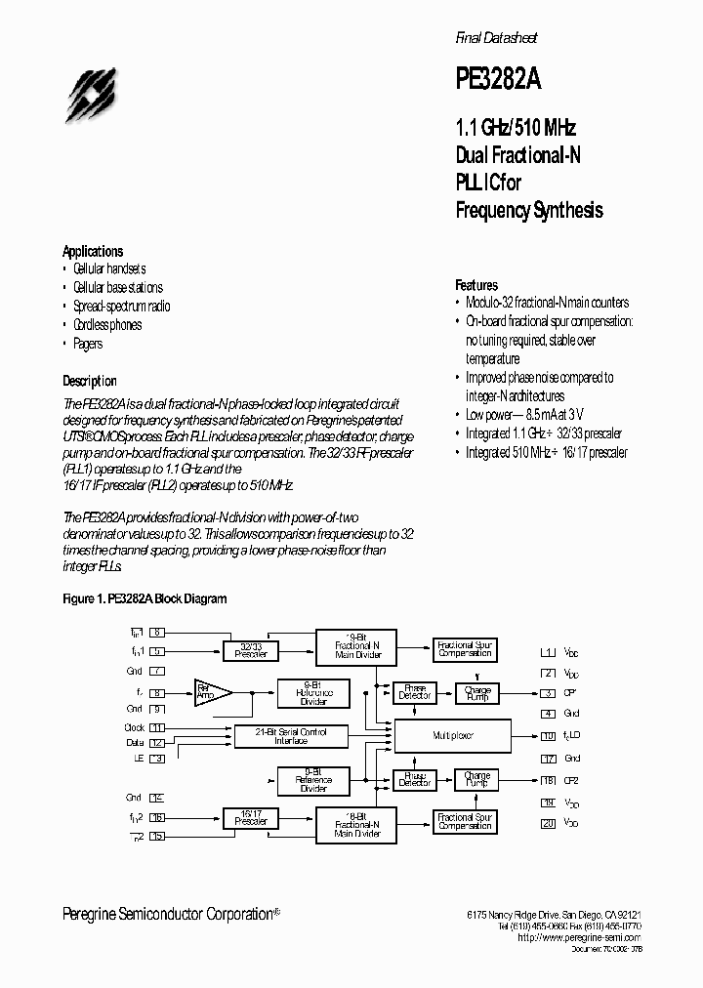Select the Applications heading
[93, 251]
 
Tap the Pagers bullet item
[87, 344]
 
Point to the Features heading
[476, 285]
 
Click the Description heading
[90, 381]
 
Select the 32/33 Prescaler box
[251, 650]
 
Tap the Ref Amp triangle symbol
[210, 691]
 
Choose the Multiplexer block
[451, 735]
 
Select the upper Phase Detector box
[415, 691]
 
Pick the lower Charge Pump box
[477, 779]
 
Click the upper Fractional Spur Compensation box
[465, 648]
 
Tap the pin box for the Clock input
[157, 728]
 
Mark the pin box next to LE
[157, 758]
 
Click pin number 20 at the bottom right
[548, 824]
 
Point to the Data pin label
[135, 743]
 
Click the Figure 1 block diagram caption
[145, 598]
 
